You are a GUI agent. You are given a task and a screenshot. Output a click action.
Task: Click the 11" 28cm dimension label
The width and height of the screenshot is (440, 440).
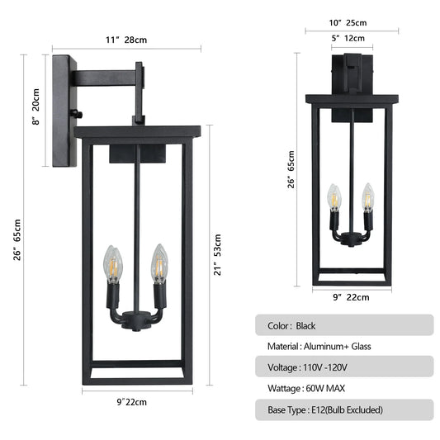(127, 39)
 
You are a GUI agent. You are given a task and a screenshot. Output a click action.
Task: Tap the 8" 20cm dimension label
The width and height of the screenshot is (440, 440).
(35, 109)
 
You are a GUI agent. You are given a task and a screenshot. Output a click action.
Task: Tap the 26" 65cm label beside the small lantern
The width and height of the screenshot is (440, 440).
(291, 169)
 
